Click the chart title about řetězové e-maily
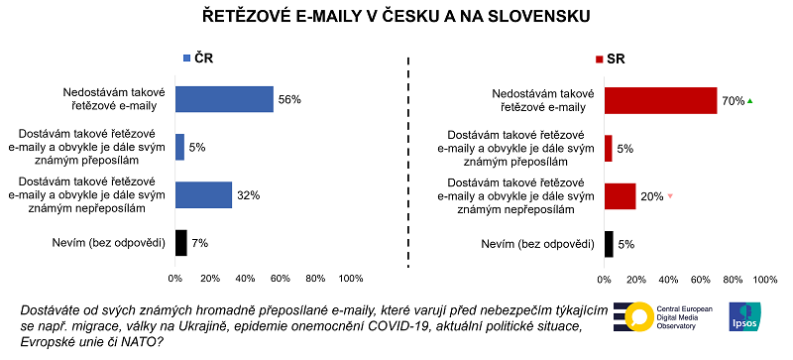click(396, 16)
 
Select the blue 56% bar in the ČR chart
click(224, 99)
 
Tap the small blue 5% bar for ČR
click(179, 147)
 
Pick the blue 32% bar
click(203, 194)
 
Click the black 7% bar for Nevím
click(181, 242)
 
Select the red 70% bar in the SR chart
click(660, 100)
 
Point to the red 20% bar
click(620, 195)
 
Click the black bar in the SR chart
click(609, 243)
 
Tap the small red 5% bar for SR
click(609, 148)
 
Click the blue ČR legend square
click(185, 59)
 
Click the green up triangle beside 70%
click(751, 100)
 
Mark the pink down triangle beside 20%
click(670, 195)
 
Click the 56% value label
click(288, 100)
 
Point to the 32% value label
click(247, 195)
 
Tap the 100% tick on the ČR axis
click(350, 279)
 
